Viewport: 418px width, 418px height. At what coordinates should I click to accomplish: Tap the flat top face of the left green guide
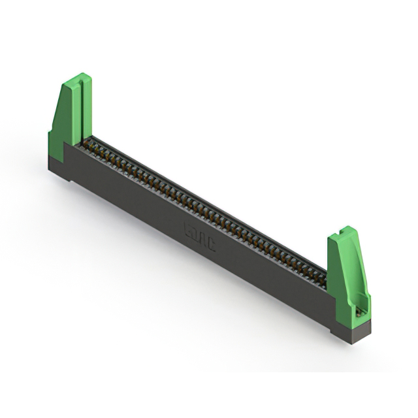coord(77,79)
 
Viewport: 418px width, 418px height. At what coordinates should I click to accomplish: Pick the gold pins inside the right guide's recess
coord(359,312)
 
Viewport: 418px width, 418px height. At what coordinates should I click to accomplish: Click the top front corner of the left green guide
coord(65,84)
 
